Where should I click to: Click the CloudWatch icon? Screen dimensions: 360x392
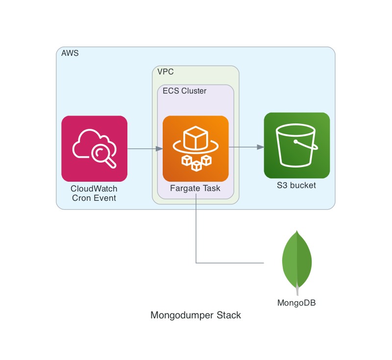pyautogui.click(x=94, y=148)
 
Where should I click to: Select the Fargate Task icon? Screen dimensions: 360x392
pyautogui.click(x=196, y=148)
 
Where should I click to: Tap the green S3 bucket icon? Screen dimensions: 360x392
pyautogui.click(x=296, y=145)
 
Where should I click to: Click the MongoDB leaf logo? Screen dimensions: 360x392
pyautogui.click(x=297, y=260)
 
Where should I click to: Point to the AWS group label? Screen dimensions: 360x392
pyautogui.click(x=70, y=53)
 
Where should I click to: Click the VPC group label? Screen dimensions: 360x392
pyautogui.click(x=166, y=72)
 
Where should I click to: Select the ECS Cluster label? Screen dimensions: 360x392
pyautogui.click(x=184, y=91)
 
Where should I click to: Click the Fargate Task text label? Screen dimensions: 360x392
pyautogui.click(x=195, y=188)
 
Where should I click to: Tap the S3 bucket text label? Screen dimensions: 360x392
pyautogui.click(x=296, y=185)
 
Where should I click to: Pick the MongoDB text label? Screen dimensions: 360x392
pyautogui.click(x=296, y=302)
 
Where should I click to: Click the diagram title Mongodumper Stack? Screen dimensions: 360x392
pyautogui.click(x=196, y=315)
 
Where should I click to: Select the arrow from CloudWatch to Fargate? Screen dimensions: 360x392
pyautogui.click(x=145, y=148)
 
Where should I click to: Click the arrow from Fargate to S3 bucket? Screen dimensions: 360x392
pyautogui.click(x=246, y=146)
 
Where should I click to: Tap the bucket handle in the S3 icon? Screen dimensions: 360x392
pyautogui.click(x=306, y=144)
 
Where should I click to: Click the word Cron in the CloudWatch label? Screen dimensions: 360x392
pyautogui.click(x=81, y=198)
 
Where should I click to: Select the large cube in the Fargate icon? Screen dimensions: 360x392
pyautogui.click(x=196, y=139)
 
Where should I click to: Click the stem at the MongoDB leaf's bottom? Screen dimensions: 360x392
pyautogui.click(x=297, y=291)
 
